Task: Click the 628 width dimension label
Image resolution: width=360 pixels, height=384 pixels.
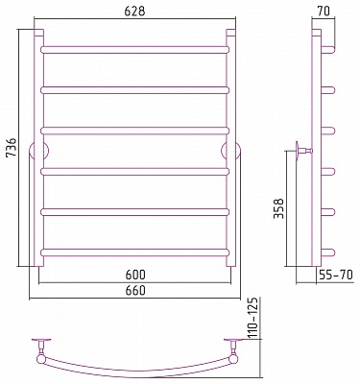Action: pyautogui.click(x=134, y=12)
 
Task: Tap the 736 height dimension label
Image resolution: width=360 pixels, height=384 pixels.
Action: pyautogui.click(x=11, y=148)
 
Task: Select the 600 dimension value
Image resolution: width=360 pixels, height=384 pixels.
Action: pyautogui.click(x=134, y=275)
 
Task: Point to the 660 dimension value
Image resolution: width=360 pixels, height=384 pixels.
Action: pyautogui.click(x=134, y=290)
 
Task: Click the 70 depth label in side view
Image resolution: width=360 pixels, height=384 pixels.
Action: pyautogui.click(x=324, y=12)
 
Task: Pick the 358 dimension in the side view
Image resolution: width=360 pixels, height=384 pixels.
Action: pyautogui.click(x=278, y=208)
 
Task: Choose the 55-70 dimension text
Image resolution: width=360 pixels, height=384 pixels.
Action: pyautogui.click(x=336, y=275)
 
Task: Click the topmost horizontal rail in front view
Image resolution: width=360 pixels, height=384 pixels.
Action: pyautogui.click(x=134, y=50)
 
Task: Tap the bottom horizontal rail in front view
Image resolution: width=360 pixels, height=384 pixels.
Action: pyautogui.click(x=134, y=252)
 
